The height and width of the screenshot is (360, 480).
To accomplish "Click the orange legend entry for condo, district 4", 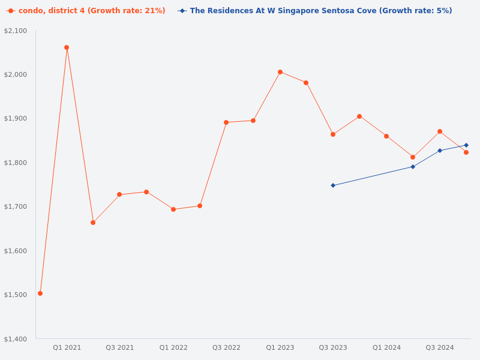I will coord(86,11).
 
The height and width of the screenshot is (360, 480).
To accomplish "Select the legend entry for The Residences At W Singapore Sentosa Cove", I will coord(315,11).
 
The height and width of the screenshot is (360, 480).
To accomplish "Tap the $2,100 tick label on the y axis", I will coord(16,31).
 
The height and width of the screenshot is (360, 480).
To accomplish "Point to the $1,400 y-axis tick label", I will coord(16,339).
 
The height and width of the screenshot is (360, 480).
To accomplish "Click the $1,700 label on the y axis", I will coord(16,206).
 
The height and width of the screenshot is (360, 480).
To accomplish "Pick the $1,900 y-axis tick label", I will coord(16,118).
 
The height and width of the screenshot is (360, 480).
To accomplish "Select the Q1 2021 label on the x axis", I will coord(67,347).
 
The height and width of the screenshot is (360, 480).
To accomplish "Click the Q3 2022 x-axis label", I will coord(226,347).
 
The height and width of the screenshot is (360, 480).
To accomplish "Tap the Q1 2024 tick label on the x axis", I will coord(386,347).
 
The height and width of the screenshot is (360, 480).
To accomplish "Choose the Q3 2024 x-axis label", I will coord(440,347).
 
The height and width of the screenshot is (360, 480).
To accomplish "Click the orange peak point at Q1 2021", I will coord(67,47).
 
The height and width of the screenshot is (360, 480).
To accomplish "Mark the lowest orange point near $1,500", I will coord(40,293).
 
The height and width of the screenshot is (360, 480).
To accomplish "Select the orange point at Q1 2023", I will coord(280,72).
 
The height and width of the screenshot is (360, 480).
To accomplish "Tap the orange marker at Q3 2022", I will coord(226,122).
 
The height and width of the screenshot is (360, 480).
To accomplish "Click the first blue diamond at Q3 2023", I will coord(333,185).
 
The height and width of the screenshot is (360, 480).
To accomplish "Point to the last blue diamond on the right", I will coord(466,145).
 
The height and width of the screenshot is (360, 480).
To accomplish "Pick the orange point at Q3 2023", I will coord(333,134).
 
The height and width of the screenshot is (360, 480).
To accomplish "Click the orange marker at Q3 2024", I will coord(440,131).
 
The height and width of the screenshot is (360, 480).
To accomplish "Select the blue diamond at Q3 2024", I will coord(440,151).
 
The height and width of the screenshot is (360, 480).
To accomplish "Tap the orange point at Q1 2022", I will coord(173,209).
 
